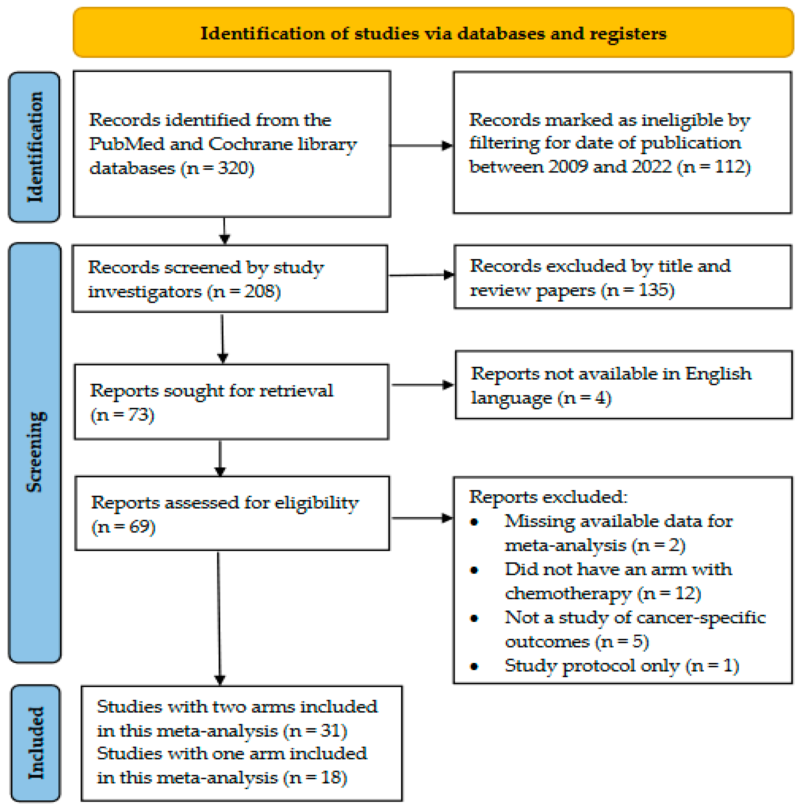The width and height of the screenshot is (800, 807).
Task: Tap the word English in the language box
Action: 718,373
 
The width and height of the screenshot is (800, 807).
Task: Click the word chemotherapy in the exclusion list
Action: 568,593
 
